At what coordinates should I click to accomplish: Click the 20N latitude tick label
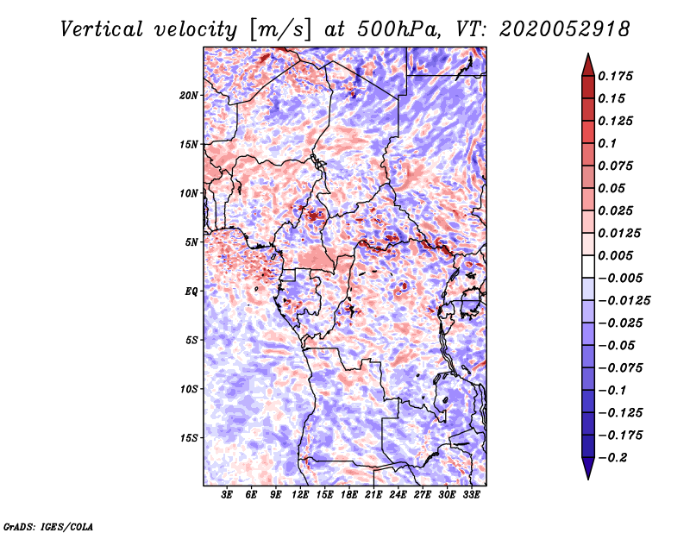click(x=189, y=95)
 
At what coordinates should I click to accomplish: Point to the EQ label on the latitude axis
click(x=191, y=292)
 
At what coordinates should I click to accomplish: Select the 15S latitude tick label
click(x=189, y=438)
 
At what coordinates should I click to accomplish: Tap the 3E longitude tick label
click(x=227, y=496)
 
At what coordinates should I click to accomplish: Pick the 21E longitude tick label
click(x=373, y=496)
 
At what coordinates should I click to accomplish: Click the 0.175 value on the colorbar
click(x=618, y=76)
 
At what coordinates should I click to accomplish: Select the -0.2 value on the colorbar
click(x=615, y=457)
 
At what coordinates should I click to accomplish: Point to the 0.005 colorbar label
click(x=618, y=255)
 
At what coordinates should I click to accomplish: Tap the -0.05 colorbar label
click(x=618, y=345)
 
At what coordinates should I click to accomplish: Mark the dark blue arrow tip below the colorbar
click(x=586, y=473)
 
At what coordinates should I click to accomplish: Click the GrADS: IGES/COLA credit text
click(x=47, y=525)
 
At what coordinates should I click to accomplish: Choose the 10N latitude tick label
click(x=189, y=193)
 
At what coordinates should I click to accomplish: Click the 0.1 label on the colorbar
click(x=610, y=143)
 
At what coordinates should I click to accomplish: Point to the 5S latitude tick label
click(x=191, y=340)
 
